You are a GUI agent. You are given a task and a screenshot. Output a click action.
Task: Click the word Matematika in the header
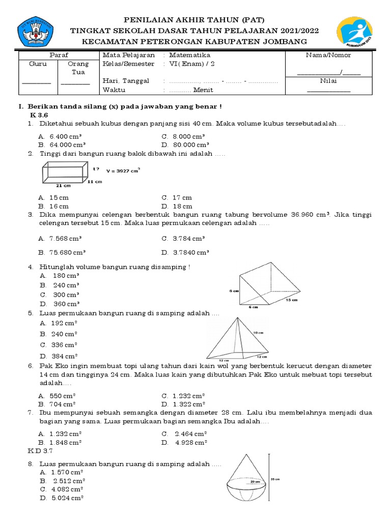[189, 55]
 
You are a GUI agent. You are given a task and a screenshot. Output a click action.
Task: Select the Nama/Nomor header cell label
[328, 55]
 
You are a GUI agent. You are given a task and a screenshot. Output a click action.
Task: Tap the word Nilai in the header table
[328, 80]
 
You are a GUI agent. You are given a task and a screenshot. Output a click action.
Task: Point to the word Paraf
[59, 55]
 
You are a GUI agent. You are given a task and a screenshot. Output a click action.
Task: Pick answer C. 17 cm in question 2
[177, 197]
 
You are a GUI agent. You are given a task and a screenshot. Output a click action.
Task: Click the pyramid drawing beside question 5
[237, 338]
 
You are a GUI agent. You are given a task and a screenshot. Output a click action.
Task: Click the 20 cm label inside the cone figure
[255, 480]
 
